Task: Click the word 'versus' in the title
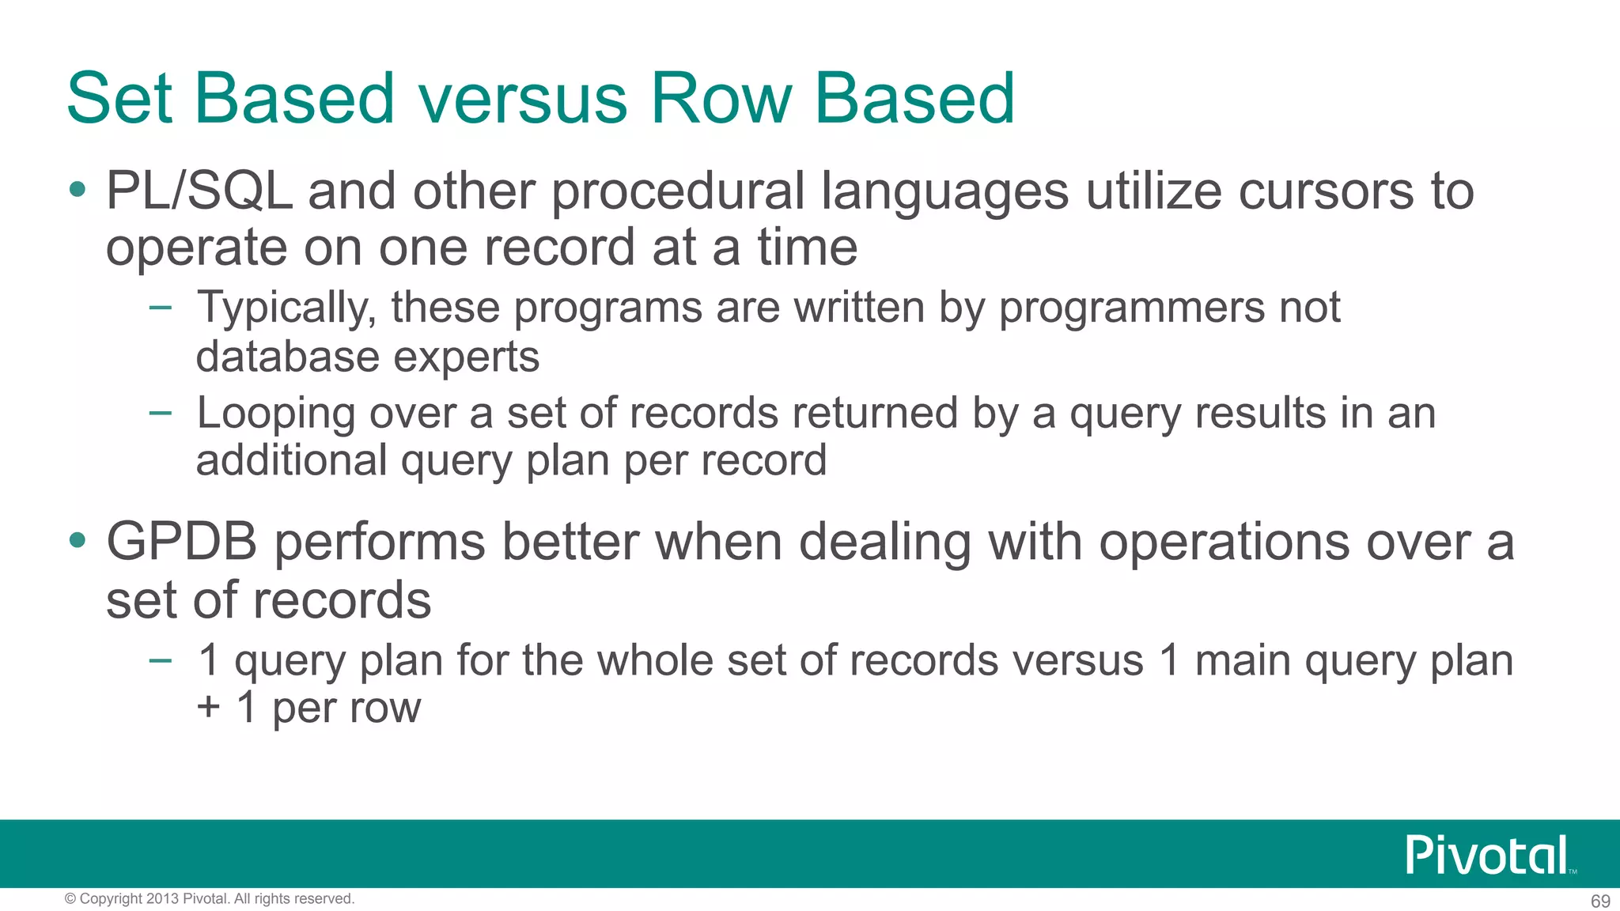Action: (523, 100)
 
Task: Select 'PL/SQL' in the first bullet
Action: (199, 191)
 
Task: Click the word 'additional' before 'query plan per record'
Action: (291, 460)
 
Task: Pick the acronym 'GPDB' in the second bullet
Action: (182, 542)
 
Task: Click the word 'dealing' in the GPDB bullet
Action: (884, 542)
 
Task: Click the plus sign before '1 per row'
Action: (209, 707)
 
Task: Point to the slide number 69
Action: (1600, 902)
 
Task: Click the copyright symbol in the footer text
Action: (70, 899)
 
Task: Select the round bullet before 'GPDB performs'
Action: (77, 541)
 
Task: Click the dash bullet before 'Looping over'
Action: (160, 412)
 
